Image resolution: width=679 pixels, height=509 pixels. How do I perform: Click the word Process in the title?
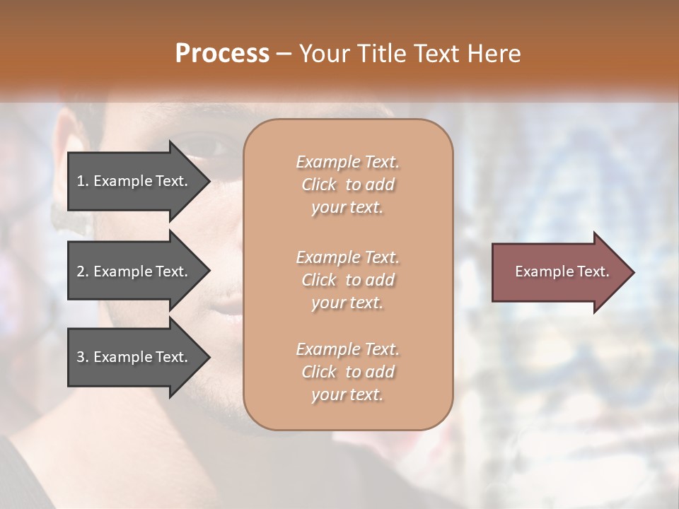222,54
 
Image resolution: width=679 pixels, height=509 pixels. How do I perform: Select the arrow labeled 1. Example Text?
134,181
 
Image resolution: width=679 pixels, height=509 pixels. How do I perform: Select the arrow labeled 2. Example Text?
134,271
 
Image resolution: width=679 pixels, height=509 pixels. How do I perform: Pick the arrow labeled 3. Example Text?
134,357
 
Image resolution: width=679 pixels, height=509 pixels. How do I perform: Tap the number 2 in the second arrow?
81,271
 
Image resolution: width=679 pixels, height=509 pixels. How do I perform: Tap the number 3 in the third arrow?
81,357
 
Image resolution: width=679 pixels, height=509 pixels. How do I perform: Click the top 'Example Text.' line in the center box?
347,162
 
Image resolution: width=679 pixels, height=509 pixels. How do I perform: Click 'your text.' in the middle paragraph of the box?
347,303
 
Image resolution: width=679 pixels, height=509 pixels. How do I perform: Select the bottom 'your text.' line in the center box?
347,395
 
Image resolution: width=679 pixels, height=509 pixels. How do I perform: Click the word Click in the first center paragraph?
319,185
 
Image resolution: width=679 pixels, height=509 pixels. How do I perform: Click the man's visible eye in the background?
208,147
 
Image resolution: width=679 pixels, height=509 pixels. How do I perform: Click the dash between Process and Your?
284,54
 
